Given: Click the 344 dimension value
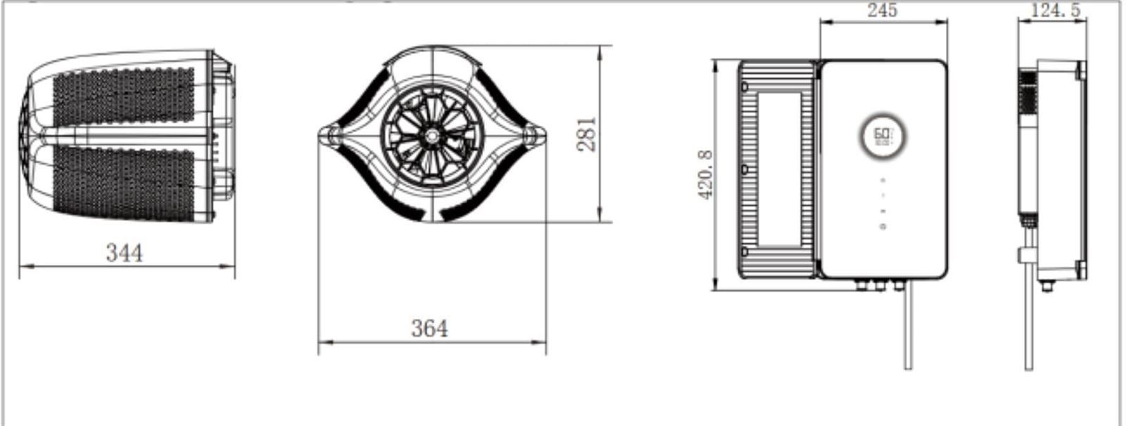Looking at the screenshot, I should tap(124, 252).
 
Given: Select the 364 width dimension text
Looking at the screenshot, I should tap(429, 328).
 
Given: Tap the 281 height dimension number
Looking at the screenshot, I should tap(586, 134).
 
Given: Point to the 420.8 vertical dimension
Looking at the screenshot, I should tap(706, 175).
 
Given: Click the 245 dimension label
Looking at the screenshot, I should tap(882, 10).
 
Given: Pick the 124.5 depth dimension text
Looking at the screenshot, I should tap(1055, 10).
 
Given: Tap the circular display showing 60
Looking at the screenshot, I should tap(882, 135).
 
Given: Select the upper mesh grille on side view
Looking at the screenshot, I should tap(124, 95).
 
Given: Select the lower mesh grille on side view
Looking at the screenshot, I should tap(124, 182).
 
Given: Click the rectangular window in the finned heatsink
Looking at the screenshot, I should tap(778, 169).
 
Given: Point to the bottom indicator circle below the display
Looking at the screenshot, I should tap(883, 226).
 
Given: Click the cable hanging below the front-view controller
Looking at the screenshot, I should tap(908, 331).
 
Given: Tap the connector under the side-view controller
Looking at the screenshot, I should tap(1046, 285).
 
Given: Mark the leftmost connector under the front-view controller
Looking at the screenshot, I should tap(860, 284).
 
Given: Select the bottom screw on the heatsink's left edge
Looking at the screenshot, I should tap(745, 251).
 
